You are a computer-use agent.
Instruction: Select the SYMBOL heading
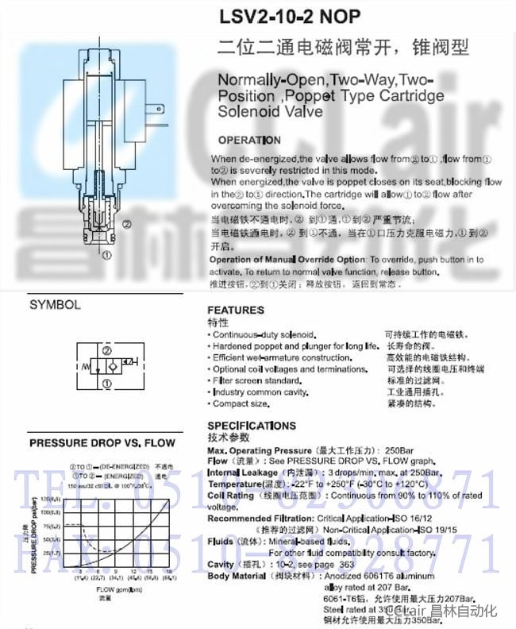(x=55, y=304)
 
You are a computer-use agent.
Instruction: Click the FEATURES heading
(x=236, y=310)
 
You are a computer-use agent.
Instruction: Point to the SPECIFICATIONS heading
(x=252, y=426)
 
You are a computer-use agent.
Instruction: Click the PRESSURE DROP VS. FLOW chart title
(x=102, y=443)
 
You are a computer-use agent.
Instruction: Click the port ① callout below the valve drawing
(x=107, y=255)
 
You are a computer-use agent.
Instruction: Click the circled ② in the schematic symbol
(x=106, y=350)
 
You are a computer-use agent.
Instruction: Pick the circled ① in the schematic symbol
(x=106, y=384)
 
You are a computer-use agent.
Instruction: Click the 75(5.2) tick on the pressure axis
(x=52, y=527)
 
